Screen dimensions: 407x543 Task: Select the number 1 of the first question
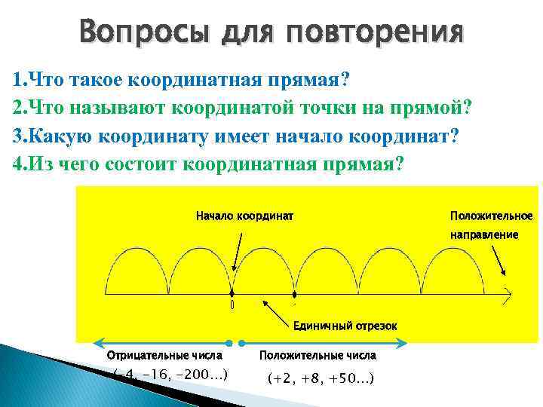tap(17, 80)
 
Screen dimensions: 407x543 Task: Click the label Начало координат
tap(245, 216)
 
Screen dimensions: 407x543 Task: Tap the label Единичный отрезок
tap(344, 325)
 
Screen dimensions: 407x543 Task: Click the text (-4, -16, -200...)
tap(170, 374)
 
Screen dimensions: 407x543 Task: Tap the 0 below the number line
tap(232, 305)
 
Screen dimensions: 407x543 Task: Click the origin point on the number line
tap(232, 293)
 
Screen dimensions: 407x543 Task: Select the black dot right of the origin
tap(296, 293)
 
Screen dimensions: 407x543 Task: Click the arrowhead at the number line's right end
tap(509, 293)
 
